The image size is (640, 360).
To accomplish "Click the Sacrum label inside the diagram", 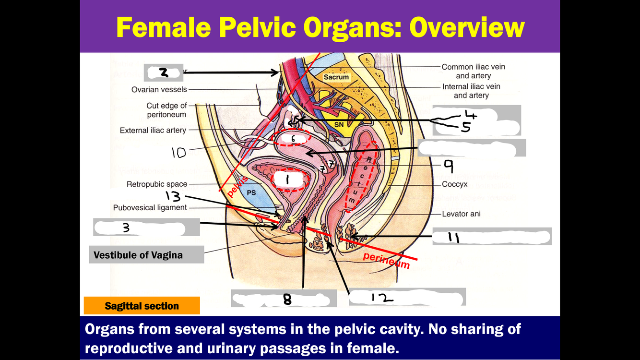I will pos(336,77).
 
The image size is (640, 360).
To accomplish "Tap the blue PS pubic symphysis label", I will pos(251,192).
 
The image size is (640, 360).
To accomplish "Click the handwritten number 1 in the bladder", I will pos(288,180).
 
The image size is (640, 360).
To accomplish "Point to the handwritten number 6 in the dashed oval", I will pos(293,139).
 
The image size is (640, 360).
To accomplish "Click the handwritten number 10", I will pos(178,153).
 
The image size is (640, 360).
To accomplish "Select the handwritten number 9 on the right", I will pos(448,166).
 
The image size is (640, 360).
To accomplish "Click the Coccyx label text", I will pos(454,184).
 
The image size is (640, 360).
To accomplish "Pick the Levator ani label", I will pos(461,214).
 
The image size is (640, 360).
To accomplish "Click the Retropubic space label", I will pos(157,184).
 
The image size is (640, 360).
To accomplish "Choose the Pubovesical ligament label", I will pos(150,207).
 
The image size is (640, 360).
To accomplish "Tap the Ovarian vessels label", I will pos(159,89).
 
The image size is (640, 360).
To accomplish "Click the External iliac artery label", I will pos(153,130).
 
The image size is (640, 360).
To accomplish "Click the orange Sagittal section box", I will pos(142,306).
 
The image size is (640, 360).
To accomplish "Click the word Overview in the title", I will pos(467,27).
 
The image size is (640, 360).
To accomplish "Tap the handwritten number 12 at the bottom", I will pos(382,298).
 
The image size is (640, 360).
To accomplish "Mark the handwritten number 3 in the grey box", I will pos(126,228).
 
